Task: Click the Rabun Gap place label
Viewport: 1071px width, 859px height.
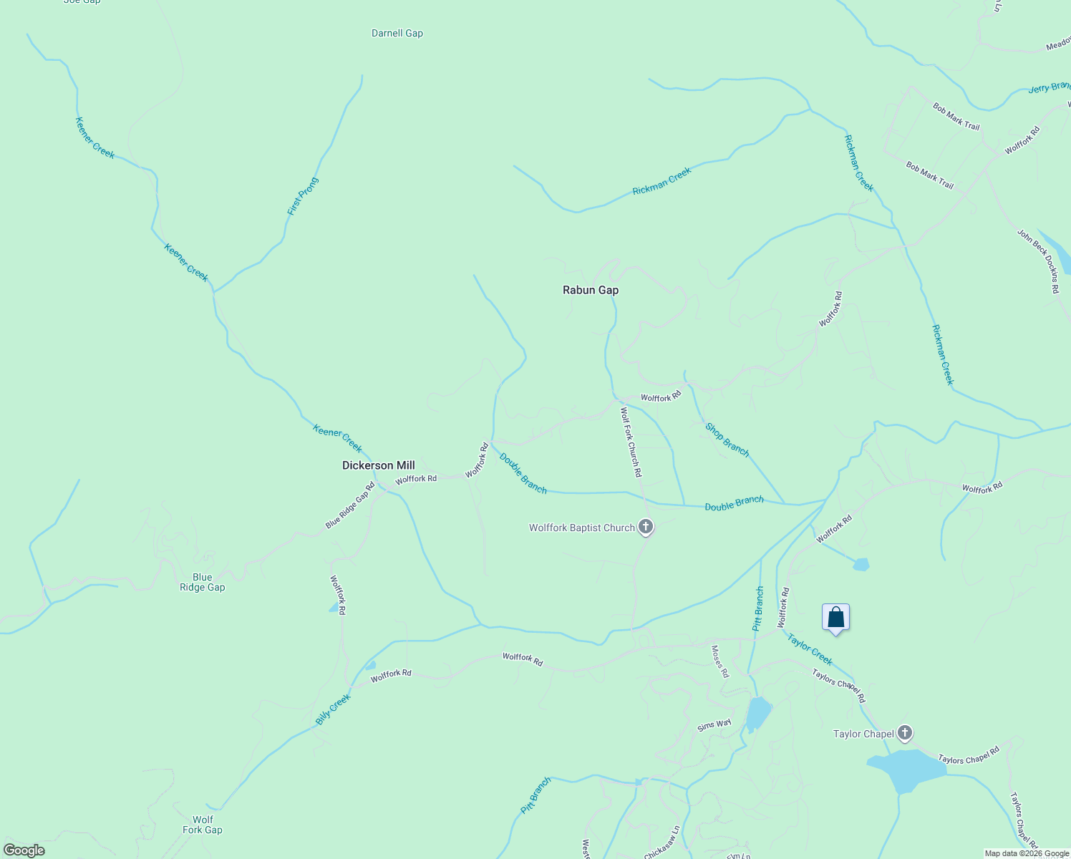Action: [x=590, y=290]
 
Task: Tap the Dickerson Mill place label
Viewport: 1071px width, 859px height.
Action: [x=378, y=465]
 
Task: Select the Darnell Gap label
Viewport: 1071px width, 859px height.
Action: [x=397, y=33]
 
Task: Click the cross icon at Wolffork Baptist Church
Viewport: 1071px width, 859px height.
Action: [x=646, y=528]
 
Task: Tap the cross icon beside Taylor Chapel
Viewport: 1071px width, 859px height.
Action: [x=905, y=733]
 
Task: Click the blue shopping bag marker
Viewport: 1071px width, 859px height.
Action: [x=835, y=617]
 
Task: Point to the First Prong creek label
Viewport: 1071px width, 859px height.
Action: [x=302, y=196]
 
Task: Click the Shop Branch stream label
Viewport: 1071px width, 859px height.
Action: [x=727, y=440]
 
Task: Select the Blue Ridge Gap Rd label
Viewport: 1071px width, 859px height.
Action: [x=350, y=505]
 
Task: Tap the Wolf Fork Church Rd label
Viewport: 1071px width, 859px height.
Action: [x=631, y=442]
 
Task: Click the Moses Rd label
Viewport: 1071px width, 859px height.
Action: [x=719, y=661]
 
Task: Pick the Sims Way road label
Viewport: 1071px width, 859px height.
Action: [x=714, y=724]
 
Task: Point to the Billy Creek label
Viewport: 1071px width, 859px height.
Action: [x=333, y=709]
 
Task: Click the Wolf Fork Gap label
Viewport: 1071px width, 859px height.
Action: [x=203, y=825]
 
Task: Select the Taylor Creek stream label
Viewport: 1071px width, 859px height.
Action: [x=810, y=649]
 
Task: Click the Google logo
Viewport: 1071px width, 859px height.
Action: [x=24, y=850]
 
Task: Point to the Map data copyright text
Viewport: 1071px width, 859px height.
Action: [x=1027, y=853]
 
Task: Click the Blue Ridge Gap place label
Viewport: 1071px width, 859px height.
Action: [x=202, y=582]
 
